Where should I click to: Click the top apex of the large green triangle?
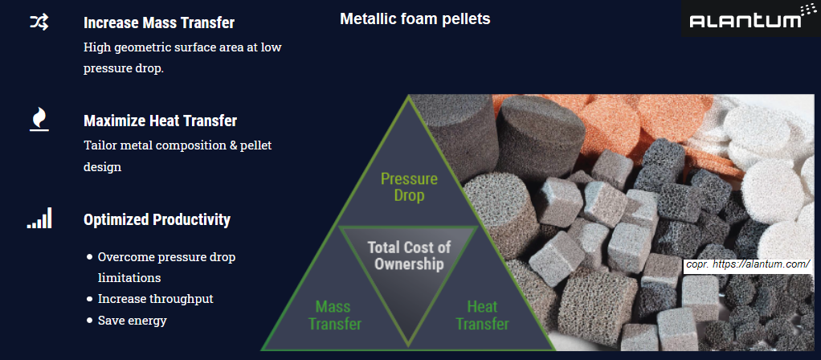[408, 95]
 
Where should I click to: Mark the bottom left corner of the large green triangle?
[262, 350]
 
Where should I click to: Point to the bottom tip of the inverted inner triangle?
[408, 346]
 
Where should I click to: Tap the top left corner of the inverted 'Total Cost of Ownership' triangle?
[338, 227]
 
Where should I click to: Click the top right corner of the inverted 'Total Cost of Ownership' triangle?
[478, 227]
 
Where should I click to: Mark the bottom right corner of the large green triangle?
[555, 350]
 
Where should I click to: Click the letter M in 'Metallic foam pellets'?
[345, 18]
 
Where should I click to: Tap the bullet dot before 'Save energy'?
[89, 320]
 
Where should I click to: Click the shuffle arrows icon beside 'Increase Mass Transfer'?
[39, 22]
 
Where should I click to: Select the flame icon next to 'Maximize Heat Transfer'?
[39, 119]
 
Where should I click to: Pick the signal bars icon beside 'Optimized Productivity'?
[40, 218]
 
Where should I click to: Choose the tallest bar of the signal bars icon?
[50, 218]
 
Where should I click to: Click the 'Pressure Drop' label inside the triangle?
[409, 187]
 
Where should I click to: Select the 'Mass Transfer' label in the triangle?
[335, 315]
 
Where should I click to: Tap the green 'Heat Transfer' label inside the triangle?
[482, 315]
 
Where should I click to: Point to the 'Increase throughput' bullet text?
[156, 299]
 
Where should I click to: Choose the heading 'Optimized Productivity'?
[157, 219]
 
